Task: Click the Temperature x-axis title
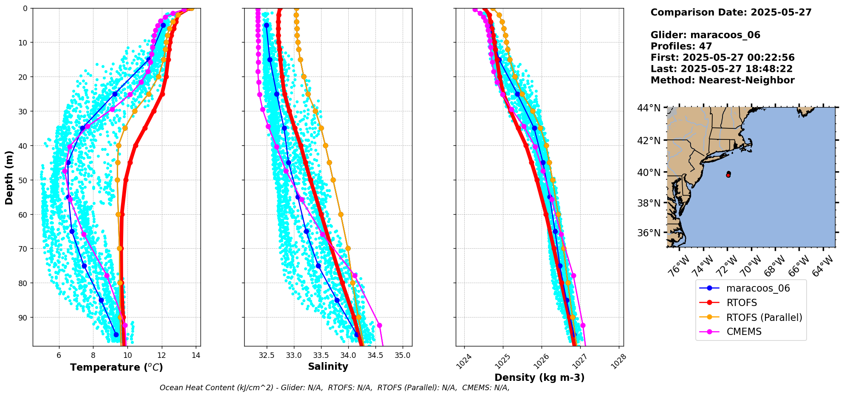tap(116, 367)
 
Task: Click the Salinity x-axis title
tap(328, 366)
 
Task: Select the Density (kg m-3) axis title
tap(539, 377)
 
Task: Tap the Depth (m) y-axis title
tap(9, 177)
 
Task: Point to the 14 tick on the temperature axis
tap(196, 355)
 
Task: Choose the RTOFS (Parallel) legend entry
tap(764, 317)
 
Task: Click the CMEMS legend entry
tap(744, 332)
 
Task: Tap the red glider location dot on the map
tap(728, 175)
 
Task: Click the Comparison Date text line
tap(731, 12)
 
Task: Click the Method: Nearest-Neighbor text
tap(722, 80)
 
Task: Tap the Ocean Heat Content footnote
tap(334, 388)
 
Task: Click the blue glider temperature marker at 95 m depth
tap(116, 335)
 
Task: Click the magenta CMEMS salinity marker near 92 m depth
tap(379, 325)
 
